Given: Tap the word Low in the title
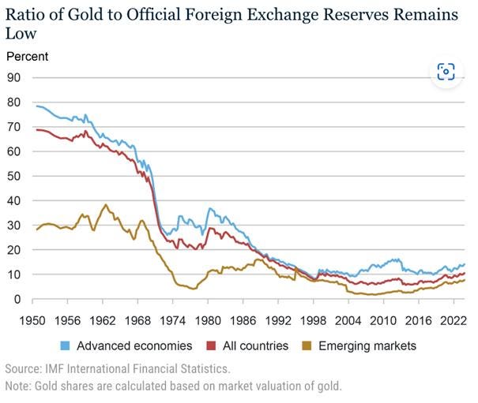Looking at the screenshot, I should [x=21, y=34].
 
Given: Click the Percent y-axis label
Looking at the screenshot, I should [x=27, y=57].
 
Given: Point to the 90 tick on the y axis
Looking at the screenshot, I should [x=13, y=77].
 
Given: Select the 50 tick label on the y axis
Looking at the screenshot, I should [x=13, y=176].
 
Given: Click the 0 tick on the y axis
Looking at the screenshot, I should [x=16, y=300].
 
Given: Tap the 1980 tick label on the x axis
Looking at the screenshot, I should [x=207, y=321].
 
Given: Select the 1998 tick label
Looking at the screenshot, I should [x=312, y=321].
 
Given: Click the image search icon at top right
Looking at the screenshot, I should [x=446, y=73].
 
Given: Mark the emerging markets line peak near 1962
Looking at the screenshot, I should [x=106, y=205].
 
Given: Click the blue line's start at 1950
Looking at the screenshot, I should [x=36, y=105].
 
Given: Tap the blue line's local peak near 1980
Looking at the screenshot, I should [x=209, y=208].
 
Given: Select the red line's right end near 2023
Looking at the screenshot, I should [x=464, y=273].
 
